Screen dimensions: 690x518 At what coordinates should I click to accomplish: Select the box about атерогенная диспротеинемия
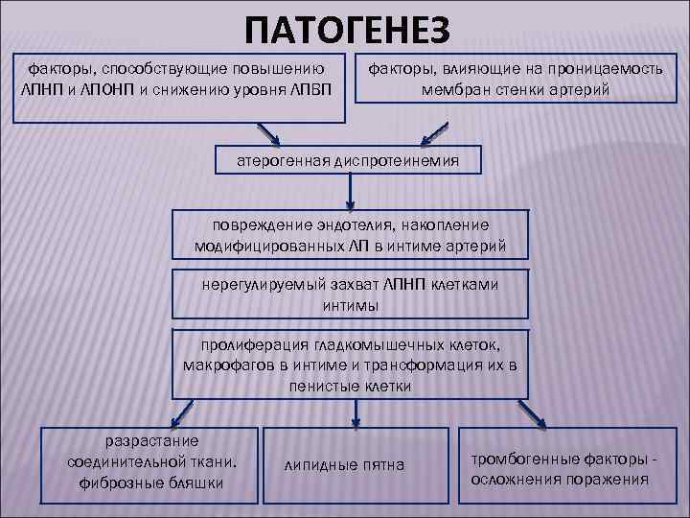coord(349,161)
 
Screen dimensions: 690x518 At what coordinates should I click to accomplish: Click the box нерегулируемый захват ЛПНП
coord(350,294)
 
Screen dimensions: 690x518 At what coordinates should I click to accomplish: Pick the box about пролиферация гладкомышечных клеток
coord(350,365)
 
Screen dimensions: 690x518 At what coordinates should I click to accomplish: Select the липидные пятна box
coord(345,465)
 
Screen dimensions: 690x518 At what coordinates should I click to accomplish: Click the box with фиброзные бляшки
coord(152,462)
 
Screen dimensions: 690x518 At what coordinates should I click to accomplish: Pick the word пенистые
coord(320,386)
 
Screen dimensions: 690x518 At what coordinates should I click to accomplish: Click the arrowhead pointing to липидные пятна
coord(356,420)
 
